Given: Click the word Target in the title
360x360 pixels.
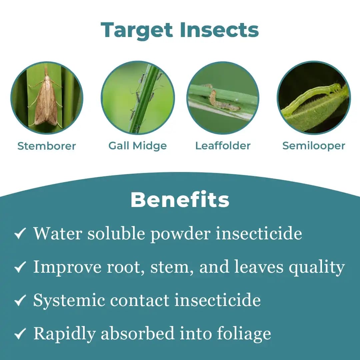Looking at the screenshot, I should pyautogui.click(x=137, y=30).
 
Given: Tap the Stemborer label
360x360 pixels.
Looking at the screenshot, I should pyautogui.click(x=47, y=146).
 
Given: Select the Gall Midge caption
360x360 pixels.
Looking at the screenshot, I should pyautogui.click(x=138, y=146).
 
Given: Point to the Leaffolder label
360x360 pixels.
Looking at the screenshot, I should pyautogui.click(x=223, y=146).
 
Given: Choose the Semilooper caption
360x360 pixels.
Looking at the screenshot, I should pyautogui.click(x=314, y=146).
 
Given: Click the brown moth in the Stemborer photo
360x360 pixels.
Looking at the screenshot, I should pyautogui.click(x=46, y=99).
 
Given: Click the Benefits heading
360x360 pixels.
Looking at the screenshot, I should pyautogui.click(x=180, y=200).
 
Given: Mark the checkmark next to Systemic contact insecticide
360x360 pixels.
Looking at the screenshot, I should pyautogui.click(x=20, y=300).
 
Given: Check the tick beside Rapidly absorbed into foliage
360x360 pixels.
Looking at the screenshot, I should pyautogui.click(x=20, y=334).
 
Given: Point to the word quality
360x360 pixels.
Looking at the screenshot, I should pyautogui.click(x=316, y=267).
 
